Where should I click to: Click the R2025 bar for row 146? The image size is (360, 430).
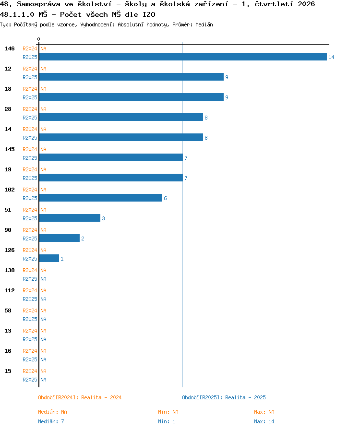(183, 57)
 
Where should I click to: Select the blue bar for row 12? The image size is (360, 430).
(132, 77)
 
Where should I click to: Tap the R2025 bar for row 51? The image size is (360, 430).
(70, 218)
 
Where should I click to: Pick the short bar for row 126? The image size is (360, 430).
(49, 258)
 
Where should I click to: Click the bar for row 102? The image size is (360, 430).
(101, 198)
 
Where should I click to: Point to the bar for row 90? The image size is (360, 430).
(60, 238)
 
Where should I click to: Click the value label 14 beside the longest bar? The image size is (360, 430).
(331, 57)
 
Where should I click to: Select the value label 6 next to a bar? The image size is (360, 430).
(165, 198)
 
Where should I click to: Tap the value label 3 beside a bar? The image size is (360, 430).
(104, 218)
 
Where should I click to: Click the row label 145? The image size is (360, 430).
(10, 149)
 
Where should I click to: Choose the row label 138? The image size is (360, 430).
(10, 270)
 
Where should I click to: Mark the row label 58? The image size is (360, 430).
(8, 311)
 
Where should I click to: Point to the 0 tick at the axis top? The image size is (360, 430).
(39, 39)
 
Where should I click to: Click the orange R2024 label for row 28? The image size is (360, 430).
(30, 109)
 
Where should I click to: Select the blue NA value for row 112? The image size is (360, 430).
(43, 299)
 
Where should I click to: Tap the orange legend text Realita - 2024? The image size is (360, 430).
(101, 397)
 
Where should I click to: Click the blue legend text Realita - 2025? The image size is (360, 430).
(245, 397)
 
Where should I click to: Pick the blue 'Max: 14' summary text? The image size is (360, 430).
(264, 421)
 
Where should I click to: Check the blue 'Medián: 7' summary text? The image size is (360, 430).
(51, 421)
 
